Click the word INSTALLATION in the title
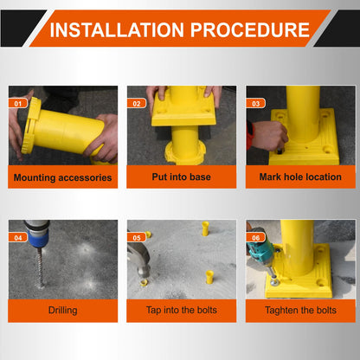(117, 30)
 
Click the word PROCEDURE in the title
(250, 30)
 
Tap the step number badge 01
(18, 103)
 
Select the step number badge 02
(137, 103)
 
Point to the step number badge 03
(255, 103)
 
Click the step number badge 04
(18, 237)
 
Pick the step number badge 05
(137, 237)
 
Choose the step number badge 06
(255, 237)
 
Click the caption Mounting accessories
(62, 177)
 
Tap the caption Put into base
(181, 177)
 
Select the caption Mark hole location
(300, 177)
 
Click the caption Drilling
(62, 311)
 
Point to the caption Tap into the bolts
(181, 310)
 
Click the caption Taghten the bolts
(300, 311)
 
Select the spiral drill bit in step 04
(41, 267)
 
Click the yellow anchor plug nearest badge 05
(148, 235)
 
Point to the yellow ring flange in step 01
(29, 125)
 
